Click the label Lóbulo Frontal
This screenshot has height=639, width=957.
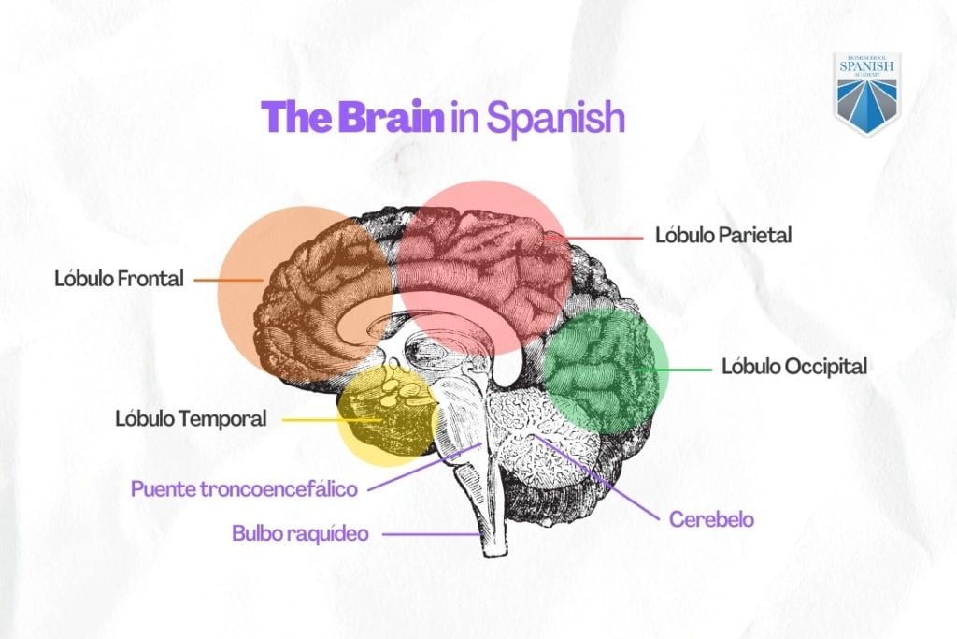pyautogui.click(x=119, y=279)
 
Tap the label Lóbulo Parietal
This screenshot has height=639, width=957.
pyautogui.click(x=723, y=235)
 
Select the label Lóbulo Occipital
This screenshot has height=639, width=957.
pyautogui.click(x=794, y=367)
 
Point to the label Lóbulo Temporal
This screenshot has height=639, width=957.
pyautogui.click(x=191, y=419)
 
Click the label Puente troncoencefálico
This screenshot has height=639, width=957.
pyautogui.click(x=244, y=489)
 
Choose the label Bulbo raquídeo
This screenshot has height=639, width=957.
pyautogui.click(x=300, y=533)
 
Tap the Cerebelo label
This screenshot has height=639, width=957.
pyautogui.click(x=711, y=519)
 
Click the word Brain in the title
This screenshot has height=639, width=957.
pyautogui.click(x=391, y=117)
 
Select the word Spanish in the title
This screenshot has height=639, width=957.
pyautogui.click(x=555, y=119)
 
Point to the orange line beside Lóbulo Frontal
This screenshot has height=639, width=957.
pyautogui.click(x=229, y=281)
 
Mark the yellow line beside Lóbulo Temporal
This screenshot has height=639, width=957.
pyautogui.click(x=332, y=420)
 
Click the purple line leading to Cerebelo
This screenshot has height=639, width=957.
pyautogui.click(x=596, y=478)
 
